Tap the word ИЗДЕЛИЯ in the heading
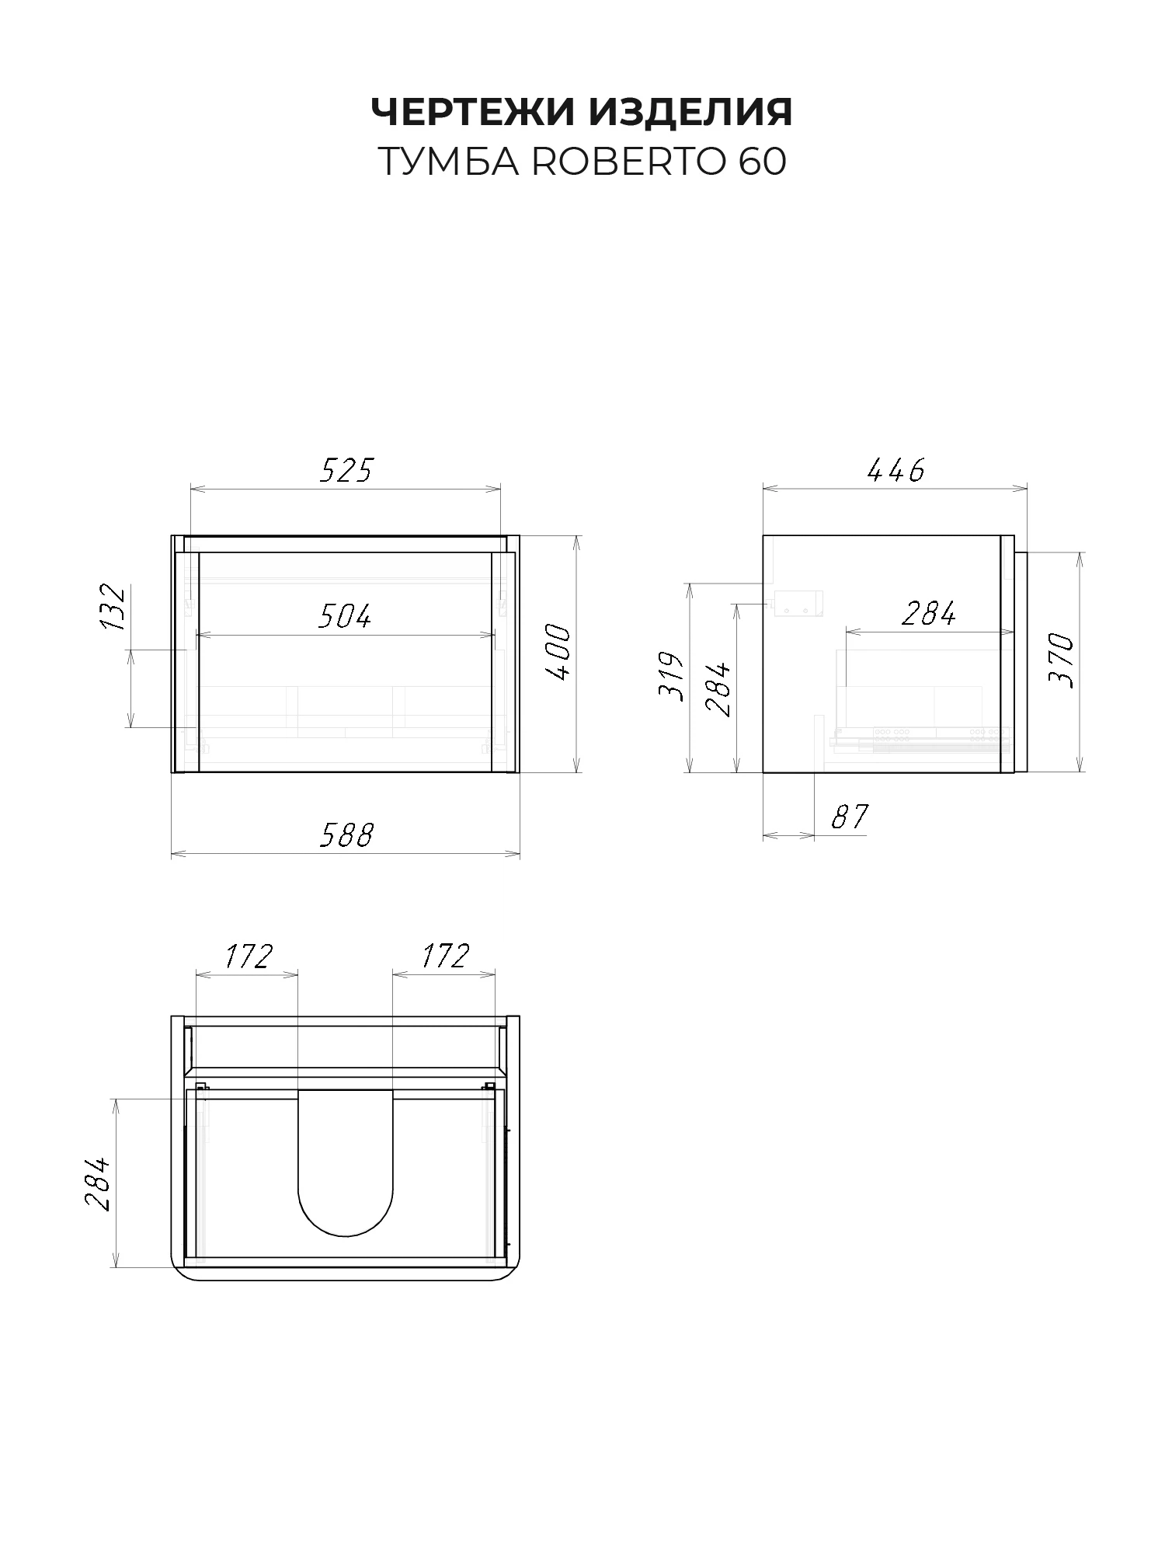tap(690, 112)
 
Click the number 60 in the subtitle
tap(763, 162)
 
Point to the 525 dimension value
tap(346, 470)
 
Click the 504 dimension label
tap(345, 616)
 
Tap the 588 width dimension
tap(346, 835)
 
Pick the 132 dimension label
tap(113, 607)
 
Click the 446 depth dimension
tap(895, 470)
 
